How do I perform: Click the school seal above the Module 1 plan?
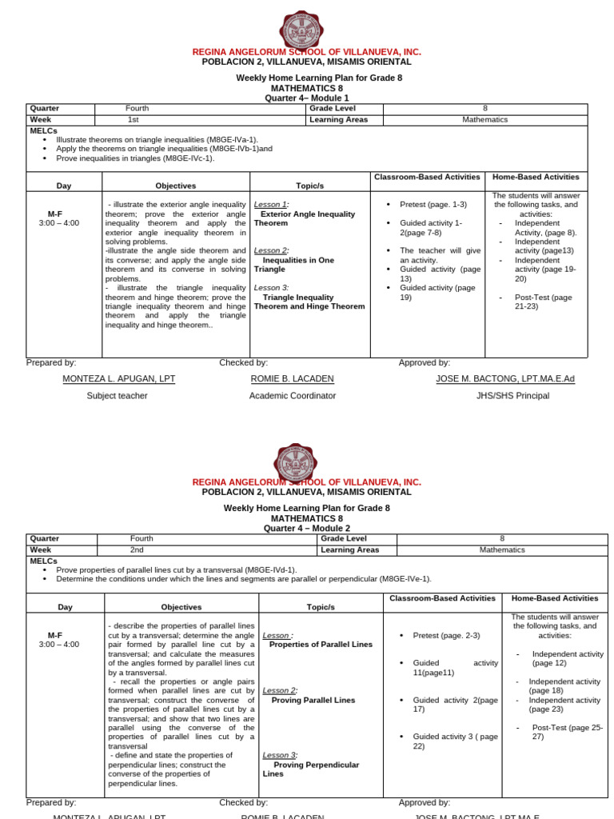[301, 30]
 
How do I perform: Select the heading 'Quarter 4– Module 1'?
[307, 98]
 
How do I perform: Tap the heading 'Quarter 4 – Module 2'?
[307, 529]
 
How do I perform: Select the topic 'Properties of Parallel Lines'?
[321, 644]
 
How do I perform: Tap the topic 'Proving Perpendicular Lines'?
[311, 769]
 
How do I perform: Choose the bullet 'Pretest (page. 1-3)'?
[433, 205]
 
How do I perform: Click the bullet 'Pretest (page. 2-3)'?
[446, 635]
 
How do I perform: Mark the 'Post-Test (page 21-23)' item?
[544, 302]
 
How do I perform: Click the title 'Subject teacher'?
[118, 395]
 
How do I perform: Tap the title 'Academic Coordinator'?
[293, 395]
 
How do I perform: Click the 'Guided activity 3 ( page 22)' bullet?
[455, 741]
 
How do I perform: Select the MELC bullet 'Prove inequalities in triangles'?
[135, 158]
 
